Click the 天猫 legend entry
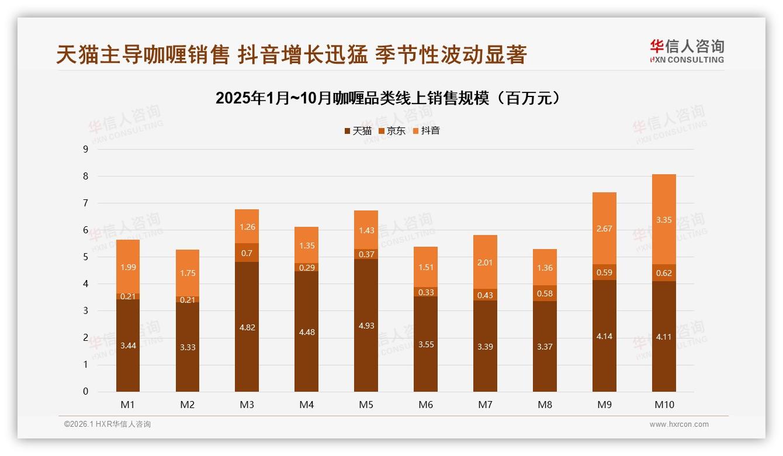tap(358, 131)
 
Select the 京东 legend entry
tap(392, 131)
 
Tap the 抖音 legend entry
tap(427, 131)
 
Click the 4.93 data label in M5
tap(366, 326)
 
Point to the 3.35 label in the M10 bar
tap(664, 220)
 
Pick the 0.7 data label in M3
tap(247, 253)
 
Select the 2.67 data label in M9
tap(604, 228)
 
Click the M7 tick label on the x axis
tap(485, 405)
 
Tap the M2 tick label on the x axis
tap(188, 405)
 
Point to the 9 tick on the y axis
tap(85, 149)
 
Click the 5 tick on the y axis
tap(85, 257)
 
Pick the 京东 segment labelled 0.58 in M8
tap(545, 293)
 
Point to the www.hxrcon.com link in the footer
tap(679, 424)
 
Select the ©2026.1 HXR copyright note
tap(107, 424)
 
